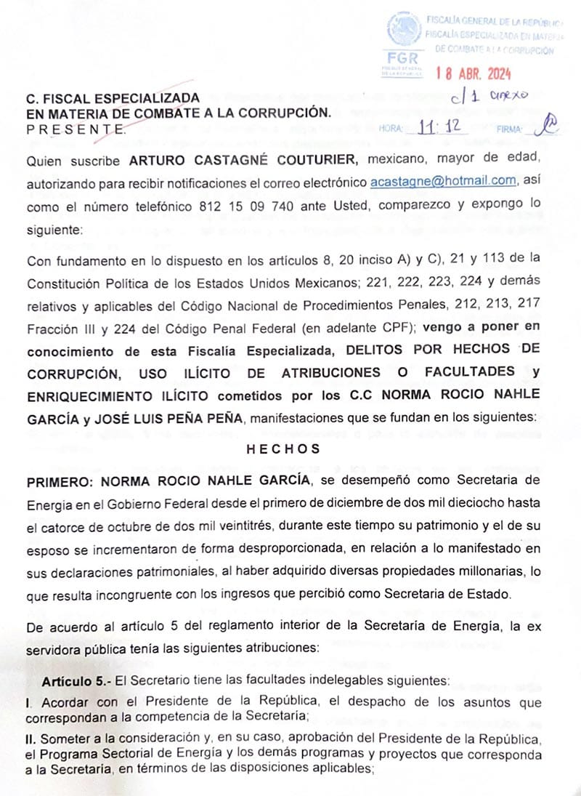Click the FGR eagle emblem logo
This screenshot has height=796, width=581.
404,30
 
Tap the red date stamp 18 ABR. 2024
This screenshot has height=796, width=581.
474,73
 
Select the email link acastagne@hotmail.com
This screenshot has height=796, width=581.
443,181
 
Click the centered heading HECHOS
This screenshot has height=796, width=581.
283,449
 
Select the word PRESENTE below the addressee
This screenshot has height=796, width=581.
75,129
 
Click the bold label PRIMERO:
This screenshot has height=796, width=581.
61,482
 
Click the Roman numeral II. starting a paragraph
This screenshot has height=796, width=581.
32,739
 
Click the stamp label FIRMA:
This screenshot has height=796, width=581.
509,129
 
